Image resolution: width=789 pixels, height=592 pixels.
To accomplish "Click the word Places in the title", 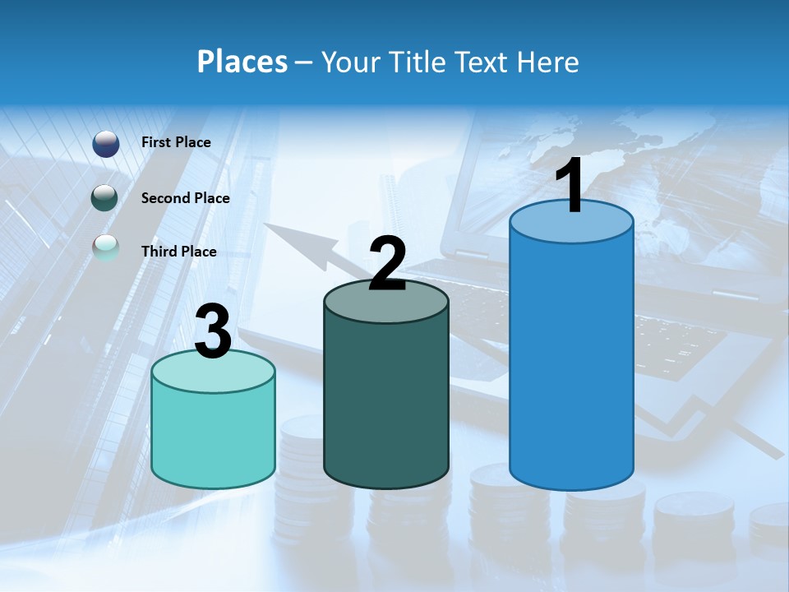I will (242, 62).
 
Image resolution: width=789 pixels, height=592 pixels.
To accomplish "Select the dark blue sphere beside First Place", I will (106, 143).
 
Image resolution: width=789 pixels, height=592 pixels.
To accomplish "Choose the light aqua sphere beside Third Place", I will (106, 247).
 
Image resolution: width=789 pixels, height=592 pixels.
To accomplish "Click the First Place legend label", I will (176, 142).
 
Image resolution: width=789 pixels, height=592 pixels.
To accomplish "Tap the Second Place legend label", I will (185, 198).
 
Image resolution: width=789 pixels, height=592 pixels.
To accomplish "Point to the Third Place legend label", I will (178, 252).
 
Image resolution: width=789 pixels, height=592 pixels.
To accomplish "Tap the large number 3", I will (214, 332).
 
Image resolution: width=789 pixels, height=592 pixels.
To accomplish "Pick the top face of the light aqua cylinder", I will (214, 372).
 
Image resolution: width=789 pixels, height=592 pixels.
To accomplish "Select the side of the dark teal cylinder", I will (386, 403).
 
